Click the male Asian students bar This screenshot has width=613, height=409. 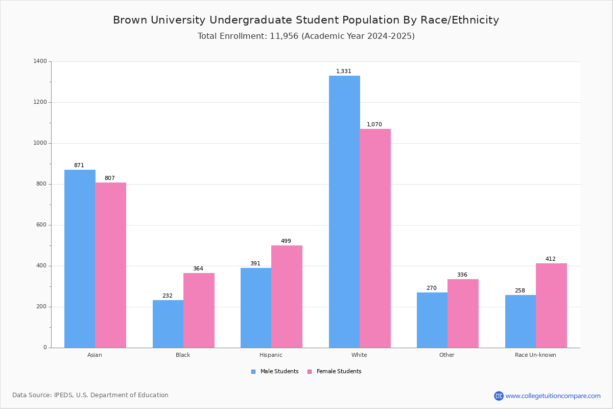[x=80, y=259]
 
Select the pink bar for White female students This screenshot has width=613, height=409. [x=375, y=238]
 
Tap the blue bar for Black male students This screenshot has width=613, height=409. [x=168, y=324]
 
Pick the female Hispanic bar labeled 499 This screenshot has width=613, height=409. [x=287, y=297]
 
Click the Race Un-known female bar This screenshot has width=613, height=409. [x=551, y=305]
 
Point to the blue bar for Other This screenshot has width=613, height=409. [x=432, y=320]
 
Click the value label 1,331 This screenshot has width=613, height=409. [x=343, y=71]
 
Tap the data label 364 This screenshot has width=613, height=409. [x=198, y=268]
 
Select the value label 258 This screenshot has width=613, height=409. [x=520, y=290]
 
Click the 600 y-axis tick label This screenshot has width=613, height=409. [x=41, y=224]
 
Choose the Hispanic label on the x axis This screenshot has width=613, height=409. [x=271, y=355]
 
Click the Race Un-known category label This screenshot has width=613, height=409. [x=535, y=355]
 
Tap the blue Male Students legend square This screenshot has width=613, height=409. [x=253, y=372]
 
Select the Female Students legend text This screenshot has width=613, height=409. [x=339, y=371]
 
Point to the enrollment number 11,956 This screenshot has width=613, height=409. [x=284, y=36]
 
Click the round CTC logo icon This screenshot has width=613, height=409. [x=499, y=396]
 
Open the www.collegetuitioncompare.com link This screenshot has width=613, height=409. [x=553, y=396]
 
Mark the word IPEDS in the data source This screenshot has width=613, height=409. [x=63, y=395]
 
